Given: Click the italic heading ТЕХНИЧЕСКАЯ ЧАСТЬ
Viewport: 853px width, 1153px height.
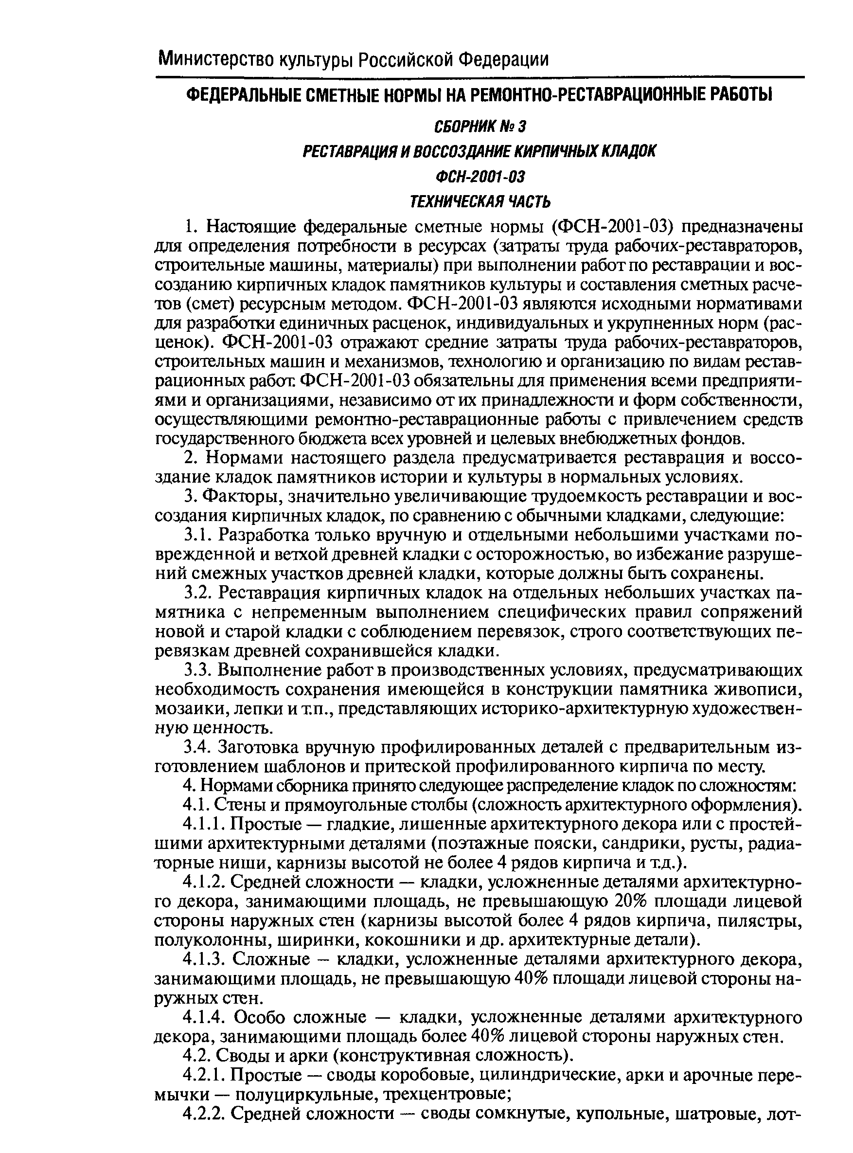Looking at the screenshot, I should pos(480,201).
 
